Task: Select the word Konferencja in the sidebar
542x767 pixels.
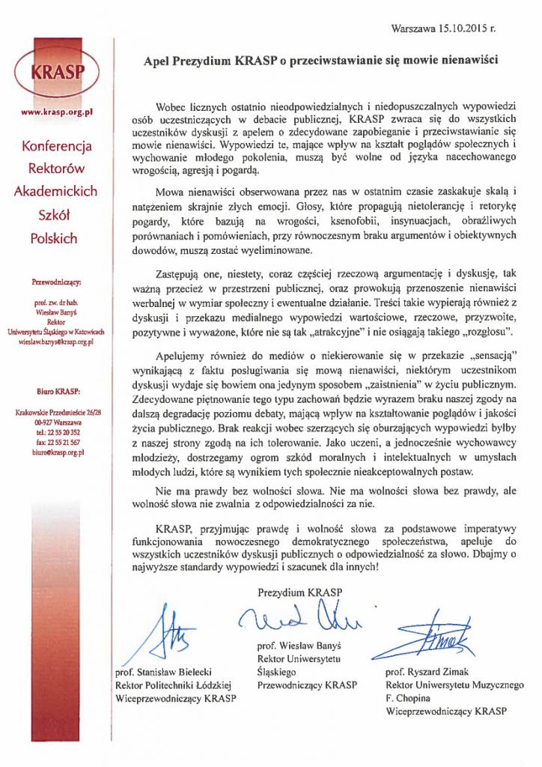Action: coord(57,145)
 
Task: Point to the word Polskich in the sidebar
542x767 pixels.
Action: coord(56,238)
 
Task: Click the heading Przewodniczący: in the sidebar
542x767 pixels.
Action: coord(57,282)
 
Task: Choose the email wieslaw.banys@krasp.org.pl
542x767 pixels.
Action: coord(56,342)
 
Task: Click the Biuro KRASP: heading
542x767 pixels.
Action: coord(57,391)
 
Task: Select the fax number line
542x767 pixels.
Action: coord(57,443)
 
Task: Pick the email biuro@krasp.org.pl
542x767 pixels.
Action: coord(57,452)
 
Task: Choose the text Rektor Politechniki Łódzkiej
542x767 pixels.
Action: coord(175,685)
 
